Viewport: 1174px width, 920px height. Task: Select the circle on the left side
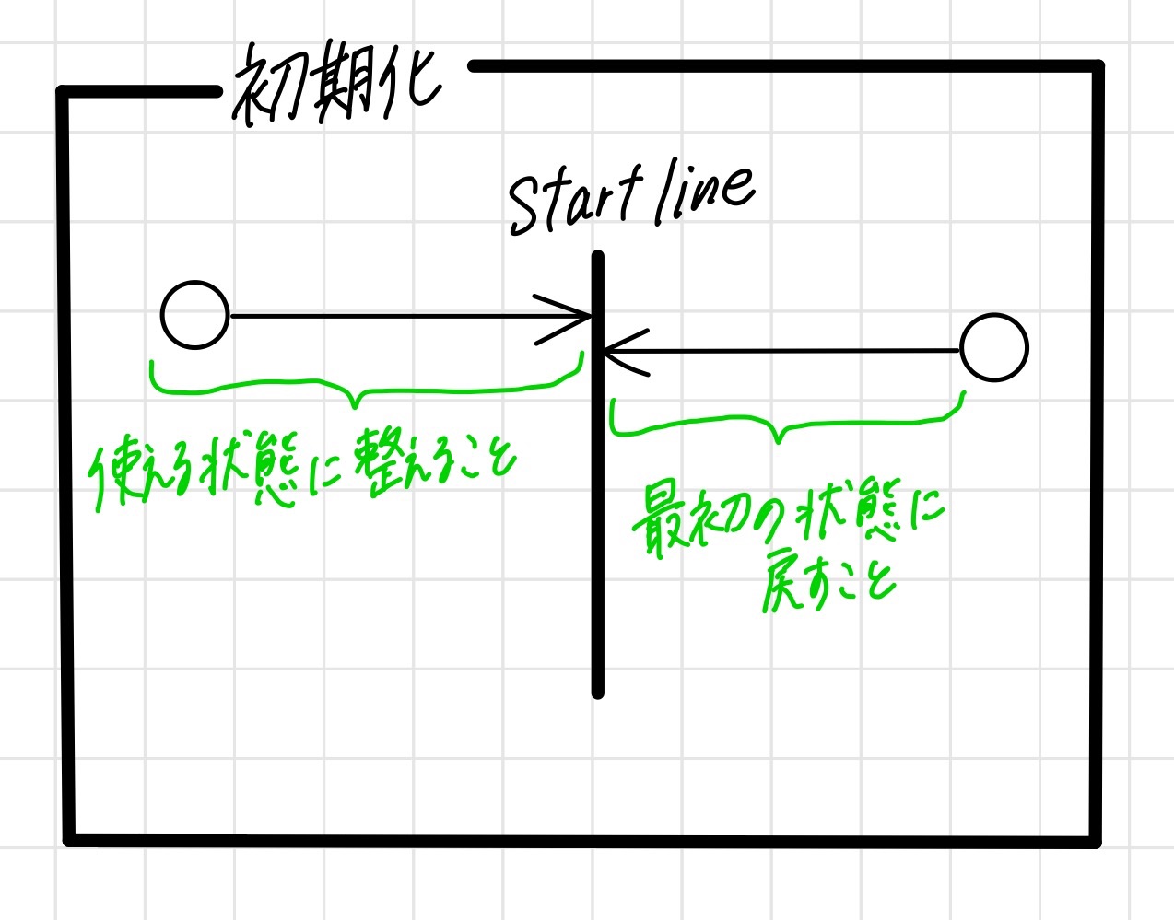click(x=194, y=315)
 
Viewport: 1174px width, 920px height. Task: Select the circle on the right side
click(x=993, y=348)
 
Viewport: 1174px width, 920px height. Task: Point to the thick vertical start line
click(x=598, y=553)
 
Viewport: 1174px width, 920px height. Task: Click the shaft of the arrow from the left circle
click(x=387, y=317)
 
